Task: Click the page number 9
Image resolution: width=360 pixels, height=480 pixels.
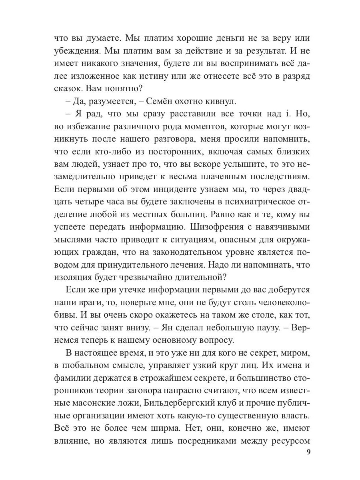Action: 308,453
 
